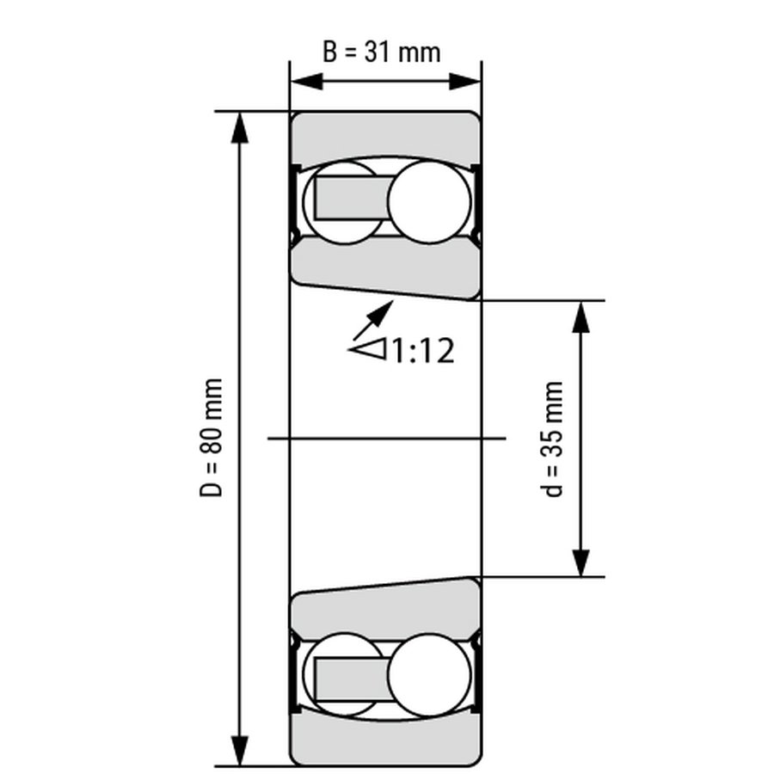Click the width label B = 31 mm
tap(381, 52)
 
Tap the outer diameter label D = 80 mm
tap(212, 438)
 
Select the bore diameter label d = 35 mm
tap(551, 439)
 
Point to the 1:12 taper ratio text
tap(423, 351)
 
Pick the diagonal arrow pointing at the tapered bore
tap(373, 320)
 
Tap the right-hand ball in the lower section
tap(429, 675)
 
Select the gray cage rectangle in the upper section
tap(352, 198)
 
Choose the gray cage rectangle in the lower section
tap(352, 679)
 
